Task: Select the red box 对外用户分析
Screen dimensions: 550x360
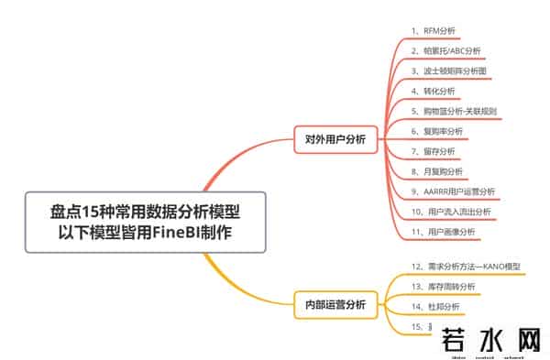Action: pos(335,139)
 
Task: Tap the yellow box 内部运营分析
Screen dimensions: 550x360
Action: pos(335,305)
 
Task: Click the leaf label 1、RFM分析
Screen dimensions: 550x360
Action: pos(434,30)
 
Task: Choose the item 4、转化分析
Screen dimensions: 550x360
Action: pos(434,91)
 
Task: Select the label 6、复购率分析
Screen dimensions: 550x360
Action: pos(437,131)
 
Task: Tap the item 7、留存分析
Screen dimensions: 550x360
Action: pos(434,151)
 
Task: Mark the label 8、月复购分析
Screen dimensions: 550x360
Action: pos(437,171)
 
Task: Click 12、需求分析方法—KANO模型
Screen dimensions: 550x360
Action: pos(466,267)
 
